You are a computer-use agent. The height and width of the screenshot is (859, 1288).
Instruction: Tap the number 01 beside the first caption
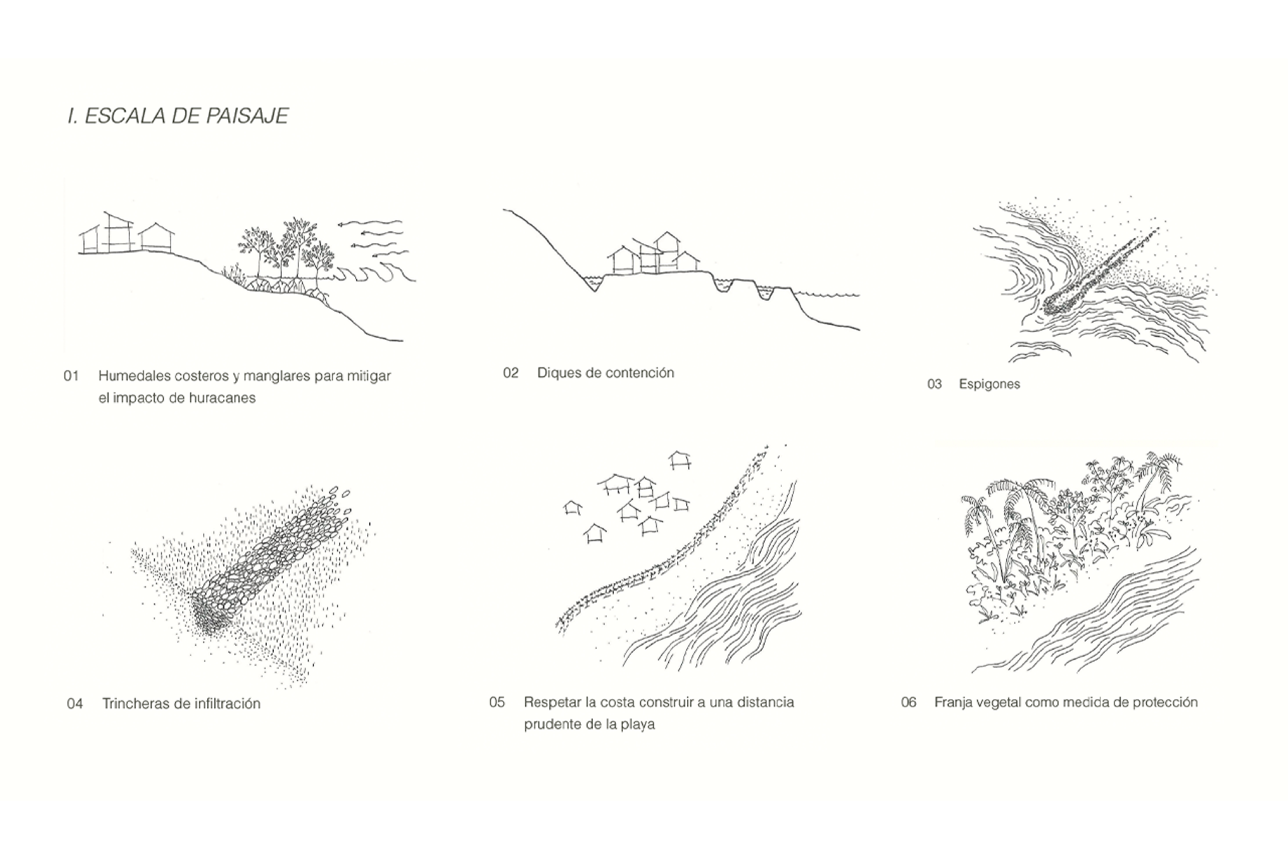pos(71,376)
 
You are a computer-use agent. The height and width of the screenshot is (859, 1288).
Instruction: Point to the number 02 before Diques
pos(511,373)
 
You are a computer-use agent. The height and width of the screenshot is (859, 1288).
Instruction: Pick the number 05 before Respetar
pos(497,702)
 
